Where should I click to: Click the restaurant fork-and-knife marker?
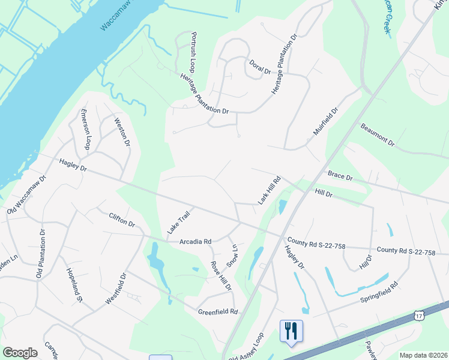click(x=291, y=331)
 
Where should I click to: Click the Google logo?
click(x=20, y=353)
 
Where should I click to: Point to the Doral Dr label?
click(x=260, y=67)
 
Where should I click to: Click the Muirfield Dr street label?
click(x=326, y=122)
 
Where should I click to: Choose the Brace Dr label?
click(x=340, y=176)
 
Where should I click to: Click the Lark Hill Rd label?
click(x=270, y=190)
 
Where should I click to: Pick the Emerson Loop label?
click(x=86, y=130)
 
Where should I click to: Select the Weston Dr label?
click(x=122, y=132)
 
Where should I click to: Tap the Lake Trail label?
click(x=178, y=222)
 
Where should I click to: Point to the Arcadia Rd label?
click(x=196, y=241)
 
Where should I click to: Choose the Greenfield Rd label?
click(x=218, y=311)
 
